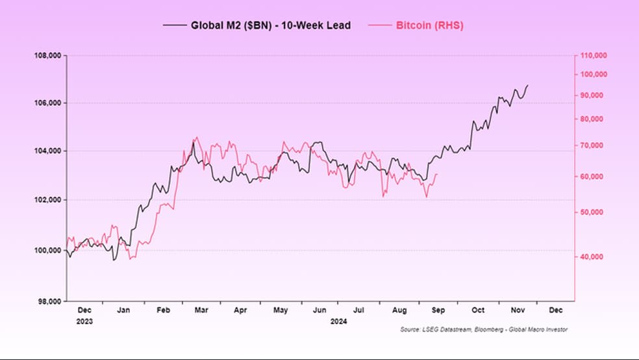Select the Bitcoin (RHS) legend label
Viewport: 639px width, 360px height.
(429, 25)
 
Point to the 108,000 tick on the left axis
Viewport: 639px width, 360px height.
(47, 55)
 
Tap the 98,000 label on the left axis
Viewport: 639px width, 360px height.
(49, 302)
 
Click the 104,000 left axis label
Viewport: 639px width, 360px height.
(47, 151)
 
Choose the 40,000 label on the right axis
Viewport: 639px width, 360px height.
(592, 257)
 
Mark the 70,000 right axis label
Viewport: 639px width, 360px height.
(592, 146)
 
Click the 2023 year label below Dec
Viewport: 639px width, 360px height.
(84, 321)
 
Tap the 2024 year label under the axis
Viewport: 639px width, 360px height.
(338, 321)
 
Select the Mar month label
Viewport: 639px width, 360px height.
(201, 310)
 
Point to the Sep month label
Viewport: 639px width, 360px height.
(438, 310)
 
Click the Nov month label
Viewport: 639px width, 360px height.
(518, 310)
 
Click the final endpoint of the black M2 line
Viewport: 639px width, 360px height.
(528, 85)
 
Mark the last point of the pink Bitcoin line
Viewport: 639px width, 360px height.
(437, 175)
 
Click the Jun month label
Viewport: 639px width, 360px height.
(319, 310)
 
